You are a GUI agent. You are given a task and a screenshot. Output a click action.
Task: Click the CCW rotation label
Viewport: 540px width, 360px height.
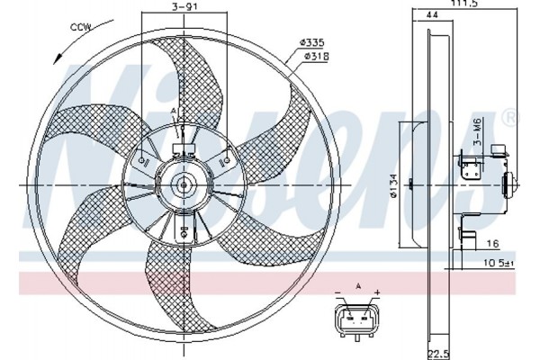coord(81,27)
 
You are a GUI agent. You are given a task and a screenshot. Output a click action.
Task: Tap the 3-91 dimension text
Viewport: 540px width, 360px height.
coord(184,6)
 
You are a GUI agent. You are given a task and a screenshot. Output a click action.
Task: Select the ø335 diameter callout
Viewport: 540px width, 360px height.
coord(312,42)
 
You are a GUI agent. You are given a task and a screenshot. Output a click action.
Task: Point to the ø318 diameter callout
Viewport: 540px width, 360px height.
coord(316,56)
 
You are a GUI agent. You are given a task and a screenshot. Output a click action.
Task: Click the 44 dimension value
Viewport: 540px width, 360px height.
coord(432,14)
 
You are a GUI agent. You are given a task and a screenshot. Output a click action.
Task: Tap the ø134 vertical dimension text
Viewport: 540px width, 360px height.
coord(394,185)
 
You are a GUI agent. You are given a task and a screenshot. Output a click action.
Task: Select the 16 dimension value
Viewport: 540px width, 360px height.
coord(493,244)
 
